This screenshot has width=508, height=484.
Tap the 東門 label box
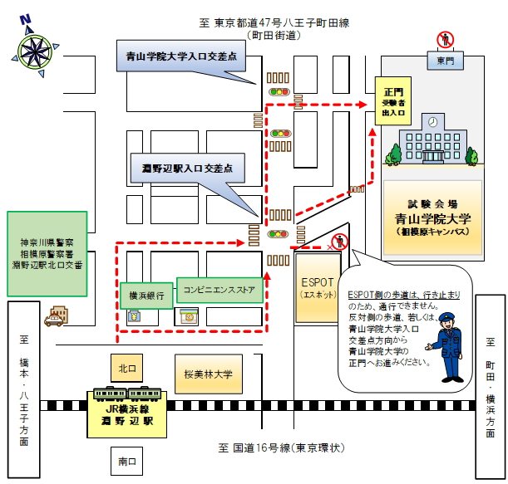(x=446, y=61)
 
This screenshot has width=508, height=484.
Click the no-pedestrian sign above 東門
(x=446, y=39)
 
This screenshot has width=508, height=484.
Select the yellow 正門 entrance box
(x=392, y=101)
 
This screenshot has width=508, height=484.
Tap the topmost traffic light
(x=279, y=92)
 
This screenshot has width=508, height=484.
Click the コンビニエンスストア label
(x=219, y=289)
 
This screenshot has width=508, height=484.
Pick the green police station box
(x=47, y=253)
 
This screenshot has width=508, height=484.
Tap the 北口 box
(x=126, y=366)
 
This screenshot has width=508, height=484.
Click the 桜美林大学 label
(x=209, y=374)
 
